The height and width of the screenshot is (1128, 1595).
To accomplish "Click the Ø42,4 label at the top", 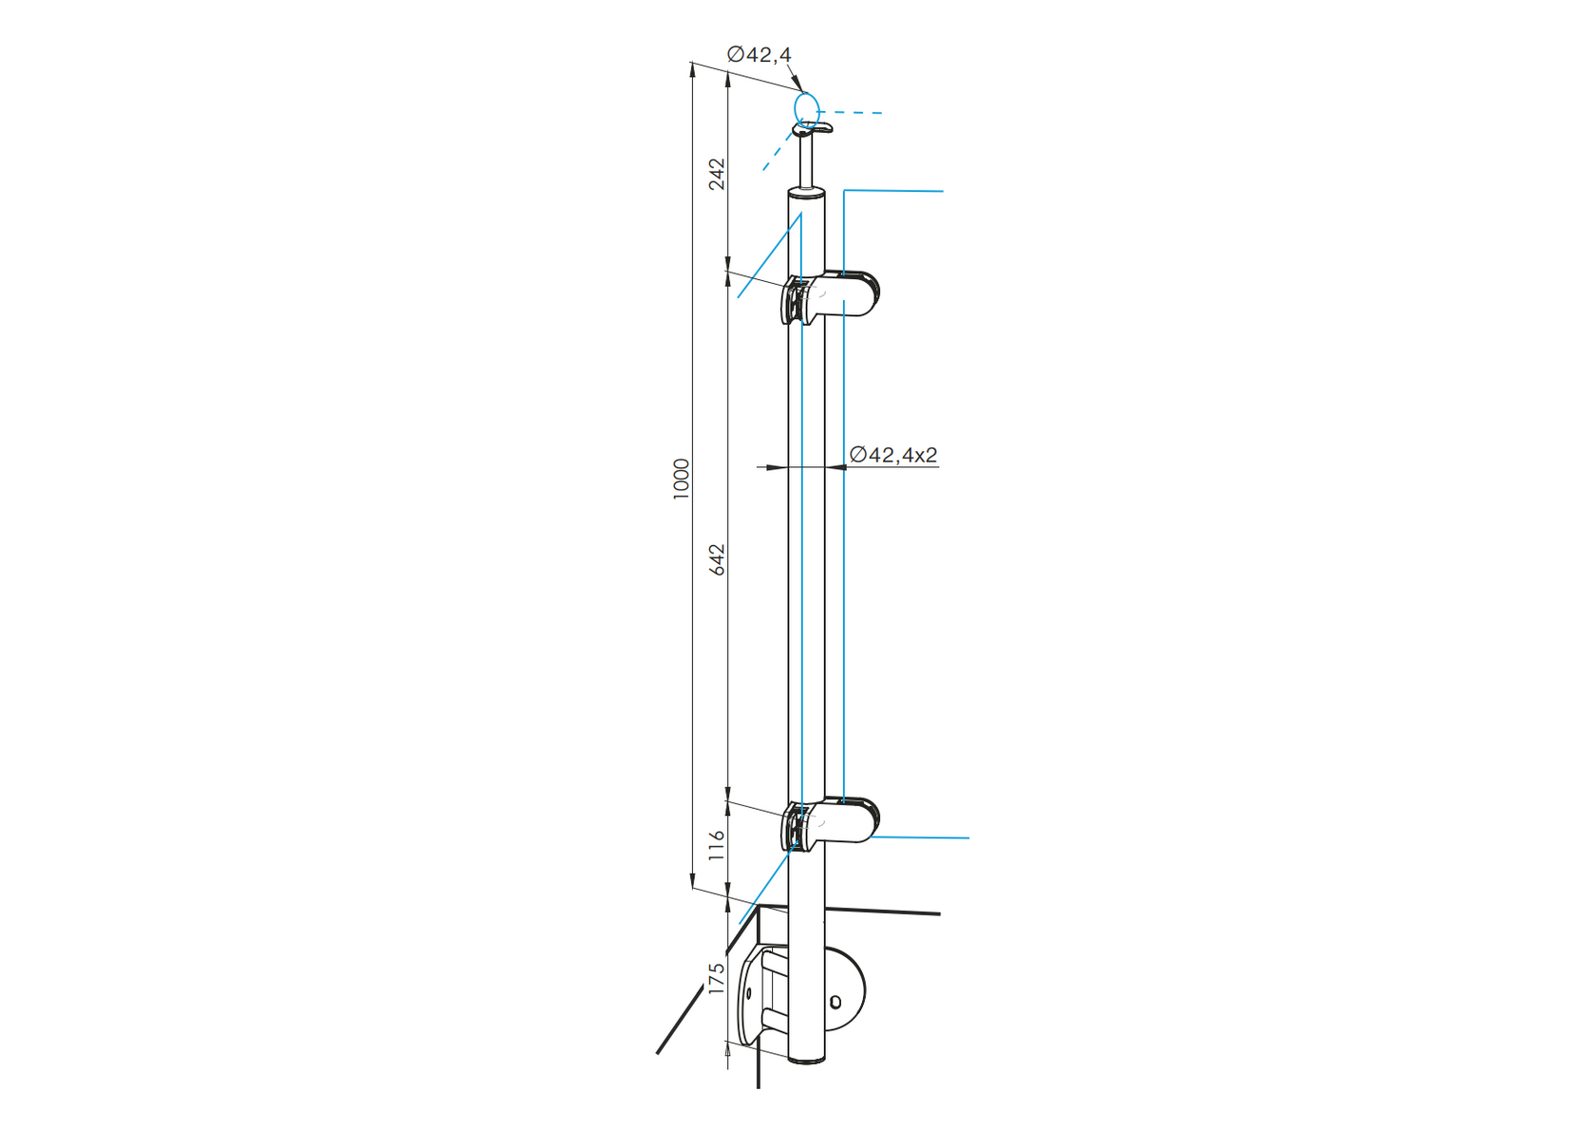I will coord(759,55).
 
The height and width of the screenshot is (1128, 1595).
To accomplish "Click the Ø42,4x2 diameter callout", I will coord(893,456).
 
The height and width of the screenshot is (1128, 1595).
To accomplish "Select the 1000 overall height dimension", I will coord(681,479).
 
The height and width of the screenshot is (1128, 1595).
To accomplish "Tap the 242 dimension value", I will coord(717,174).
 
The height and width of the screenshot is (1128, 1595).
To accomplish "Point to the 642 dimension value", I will coord(717,559).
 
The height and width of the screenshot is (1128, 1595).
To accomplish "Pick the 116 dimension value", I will coord(717,845).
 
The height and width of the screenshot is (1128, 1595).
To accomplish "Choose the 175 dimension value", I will coord(717,978).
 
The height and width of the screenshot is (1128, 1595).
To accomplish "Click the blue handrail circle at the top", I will coord(806,108).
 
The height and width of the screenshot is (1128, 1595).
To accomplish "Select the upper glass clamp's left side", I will coord(793,301).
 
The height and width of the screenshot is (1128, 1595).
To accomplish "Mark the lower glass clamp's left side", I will coord(793,827).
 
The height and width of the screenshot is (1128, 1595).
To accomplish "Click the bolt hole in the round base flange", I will coord(835,1002).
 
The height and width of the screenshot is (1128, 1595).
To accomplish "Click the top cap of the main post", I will coord(806,194).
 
